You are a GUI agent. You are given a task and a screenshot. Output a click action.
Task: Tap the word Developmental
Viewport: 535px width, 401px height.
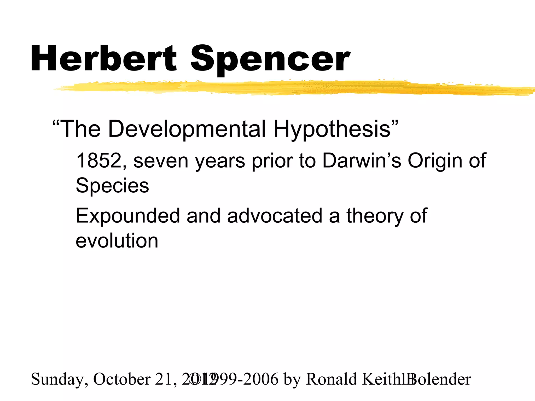[187, 129]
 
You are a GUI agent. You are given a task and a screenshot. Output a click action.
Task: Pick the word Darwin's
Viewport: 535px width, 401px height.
[362, 161]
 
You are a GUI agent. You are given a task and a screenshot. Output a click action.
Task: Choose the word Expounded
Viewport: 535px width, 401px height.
[128, 216]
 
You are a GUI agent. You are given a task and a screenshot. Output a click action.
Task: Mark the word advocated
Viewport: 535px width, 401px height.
[275, 216]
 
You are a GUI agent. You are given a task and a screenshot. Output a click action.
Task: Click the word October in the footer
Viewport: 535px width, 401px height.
[122, 379]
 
